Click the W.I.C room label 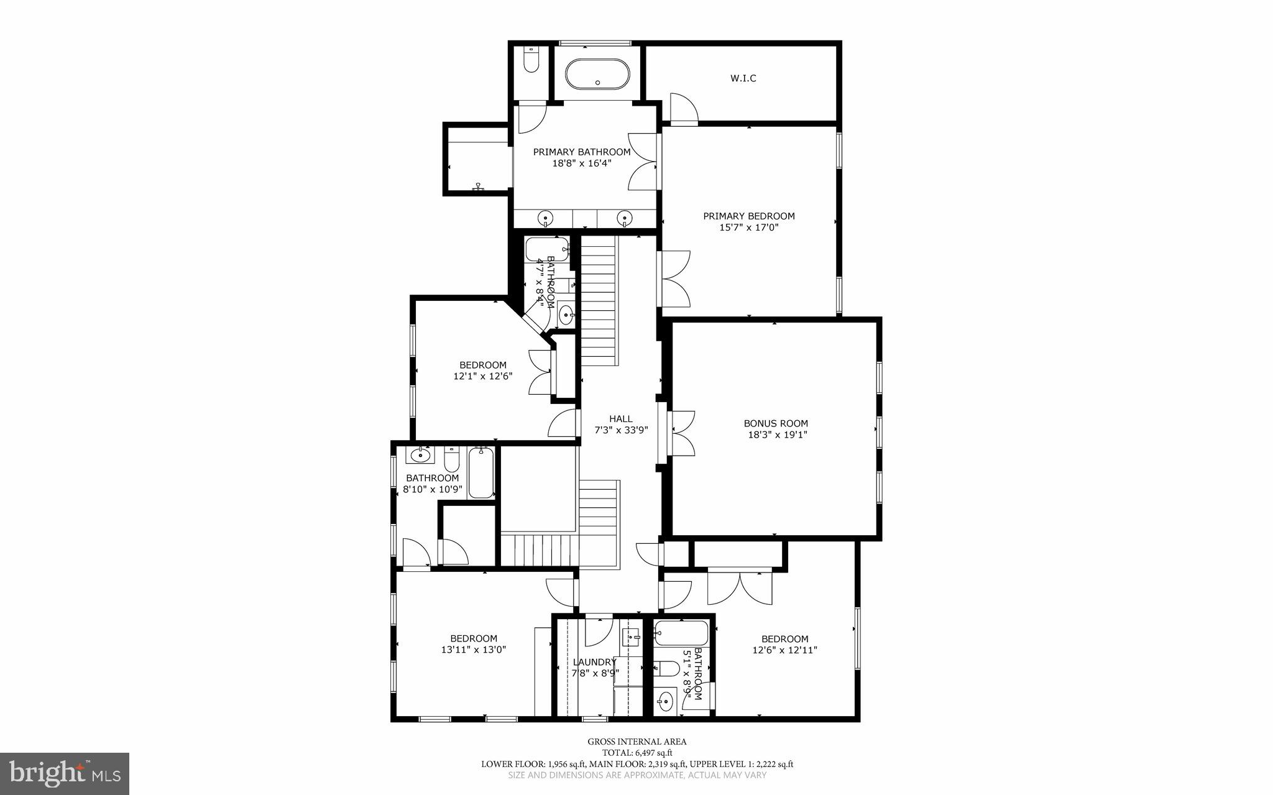click(743, 78)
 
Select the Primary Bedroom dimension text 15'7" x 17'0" click(749, 227)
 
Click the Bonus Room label click(776, 423)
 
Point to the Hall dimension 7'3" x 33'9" click(621, 430)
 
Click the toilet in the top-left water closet click(531, 60)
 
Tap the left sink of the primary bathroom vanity click(545, 218)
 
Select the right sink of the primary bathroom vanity click(624, 218)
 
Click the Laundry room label click(594, 662)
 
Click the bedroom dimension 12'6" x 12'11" click(785, 650)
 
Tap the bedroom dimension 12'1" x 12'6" click(483, 376)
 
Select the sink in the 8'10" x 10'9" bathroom click(421, 454)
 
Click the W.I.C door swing click(683, 108)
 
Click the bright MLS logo click(65, 773)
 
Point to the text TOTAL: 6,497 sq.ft click(637, 753)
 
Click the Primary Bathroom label click(581, 152)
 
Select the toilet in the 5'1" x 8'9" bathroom click(667, 668)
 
